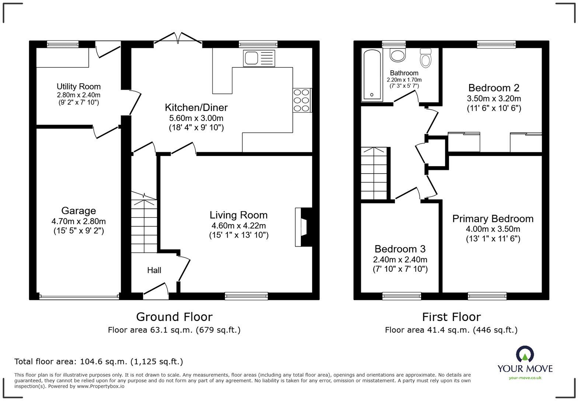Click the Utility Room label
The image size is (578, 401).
(78, 87)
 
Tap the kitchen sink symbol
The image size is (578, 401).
(259, 58)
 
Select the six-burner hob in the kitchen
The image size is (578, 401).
(302, 100)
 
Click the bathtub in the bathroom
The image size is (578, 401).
(373, 74)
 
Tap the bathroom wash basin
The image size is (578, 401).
(398, 55)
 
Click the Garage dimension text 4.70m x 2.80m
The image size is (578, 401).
(79, 222)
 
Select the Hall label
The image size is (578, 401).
(154, 270)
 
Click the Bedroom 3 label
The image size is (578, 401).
(400, 249)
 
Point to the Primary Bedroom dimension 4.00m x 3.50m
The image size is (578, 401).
(493, 229)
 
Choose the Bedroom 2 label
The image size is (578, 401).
(494, 88)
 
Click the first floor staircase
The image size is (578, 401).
(374, 173)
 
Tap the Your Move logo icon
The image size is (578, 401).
(525, 354)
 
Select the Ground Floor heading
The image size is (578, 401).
(174, 317)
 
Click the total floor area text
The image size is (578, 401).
(98, 362)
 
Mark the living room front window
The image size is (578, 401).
(246, 296)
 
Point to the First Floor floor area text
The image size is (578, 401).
(451, 330)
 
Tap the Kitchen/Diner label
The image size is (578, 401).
(196, 108)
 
